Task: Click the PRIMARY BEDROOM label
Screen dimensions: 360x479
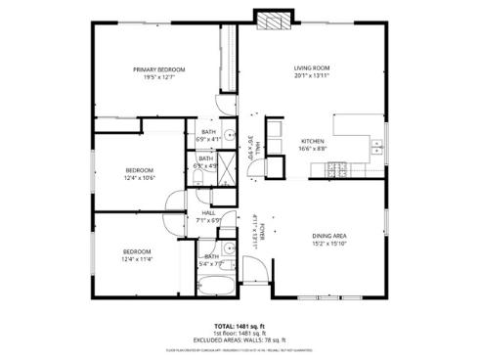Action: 159,69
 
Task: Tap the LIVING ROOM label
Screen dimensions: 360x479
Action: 312,68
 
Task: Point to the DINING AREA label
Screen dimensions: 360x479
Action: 328,236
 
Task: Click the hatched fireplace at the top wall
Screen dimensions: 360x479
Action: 272,22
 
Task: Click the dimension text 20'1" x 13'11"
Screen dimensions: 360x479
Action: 312,77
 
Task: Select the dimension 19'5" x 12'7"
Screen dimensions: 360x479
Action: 159,78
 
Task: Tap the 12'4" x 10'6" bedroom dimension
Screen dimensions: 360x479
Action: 139,178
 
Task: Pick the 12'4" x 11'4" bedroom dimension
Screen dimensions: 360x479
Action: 139,260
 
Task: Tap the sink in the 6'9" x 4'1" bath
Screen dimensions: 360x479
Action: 227,136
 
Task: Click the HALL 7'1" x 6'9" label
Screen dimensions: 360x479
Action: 209,218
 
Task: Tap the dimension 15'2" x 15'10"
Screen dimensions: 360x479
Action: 328,245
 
